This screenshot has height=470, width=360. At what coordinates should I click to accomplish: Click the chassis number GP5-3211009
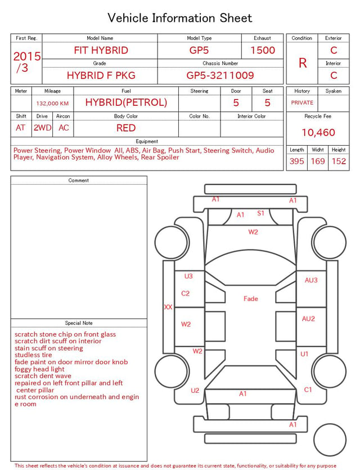(220, 75)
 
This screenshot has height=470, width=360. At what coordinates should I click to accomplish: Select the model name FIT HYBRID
(101, 50)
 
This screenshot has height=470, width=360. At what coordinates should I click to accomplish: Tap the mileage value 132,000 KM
(52, 104)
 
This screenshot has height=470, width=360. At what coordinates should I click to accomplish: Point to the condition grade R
(303, 63)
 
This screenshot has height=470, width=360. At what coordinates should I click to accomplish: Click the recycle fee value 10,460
(318, 132)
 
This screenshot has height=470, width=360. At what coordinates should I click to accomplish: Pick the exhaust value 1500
(263, 50)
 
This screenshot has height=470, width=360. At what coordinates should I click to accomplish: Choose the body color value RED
(126, 128)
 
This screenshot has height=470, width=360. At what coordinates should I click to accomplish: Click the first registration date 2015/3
(26, 62)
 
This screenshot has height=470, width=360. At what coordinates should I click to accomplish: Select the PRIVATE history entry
(302, 103)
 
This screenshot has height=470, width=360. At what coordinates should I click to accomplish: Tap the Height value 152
(339, 161)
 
